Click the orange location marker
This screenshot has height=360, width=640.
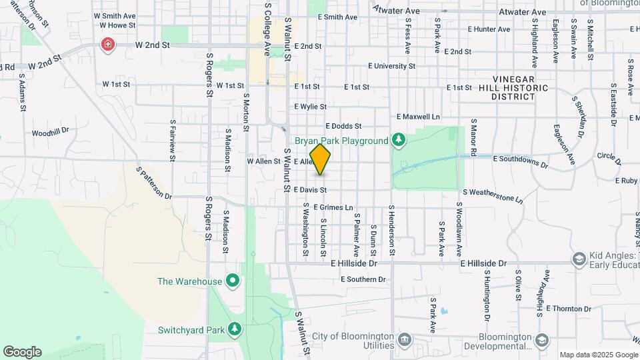click(x=320, y=159)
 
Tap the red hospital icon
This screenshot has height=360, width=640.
click(x=107, y=45)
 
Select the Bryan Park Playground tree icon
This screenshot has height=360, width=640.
click(x=398, y=139)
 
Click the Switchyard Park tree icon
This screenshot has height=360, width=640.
click(x=234, y=329)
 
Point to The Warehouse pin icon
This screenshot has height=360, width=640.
click(x=232, y=281)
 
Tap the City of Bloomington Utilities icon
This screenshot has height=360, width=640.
click(x=405, y=341)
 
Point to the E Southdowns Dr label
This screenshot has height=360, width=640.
click(x=520, y=161)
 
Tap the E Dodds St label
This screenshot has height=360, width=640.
click(x=343, y=126)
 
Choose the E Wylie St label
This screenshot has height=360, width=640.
click(x=310, y=107)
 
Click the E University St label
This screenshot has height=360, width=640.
click(x=391, y=67)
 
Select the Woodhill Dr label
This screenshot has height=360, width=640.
click(x=50, y=131)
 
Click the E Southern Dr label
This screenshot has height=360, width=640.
click(x=363, y=279)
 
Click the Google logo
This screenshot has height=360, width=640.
click(x=22, y=352)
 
